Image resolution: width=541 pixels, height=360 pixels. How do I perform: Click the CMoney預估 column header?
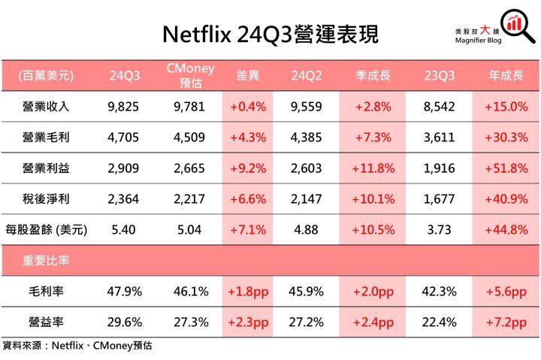click(x=189, y=75)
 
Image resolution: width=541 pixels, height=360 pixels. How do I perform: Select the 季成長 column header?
click(x=373, y=75)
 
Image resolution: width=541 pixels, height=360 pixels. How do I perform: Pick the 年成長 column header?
click(x=505, y=75)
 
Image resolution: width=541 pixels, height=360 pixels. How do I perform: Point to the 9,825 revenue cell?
click(x=123, y=106)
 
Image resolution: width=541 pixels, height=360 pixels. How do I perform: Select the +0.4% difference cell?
click(x=248, y=106)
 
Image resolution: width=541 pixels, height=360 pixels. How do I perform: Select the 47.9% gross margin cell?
click(x=123, y=291)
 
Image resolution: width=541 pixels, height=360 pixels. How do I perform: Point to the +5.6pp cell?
click(x=505, y=291)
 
